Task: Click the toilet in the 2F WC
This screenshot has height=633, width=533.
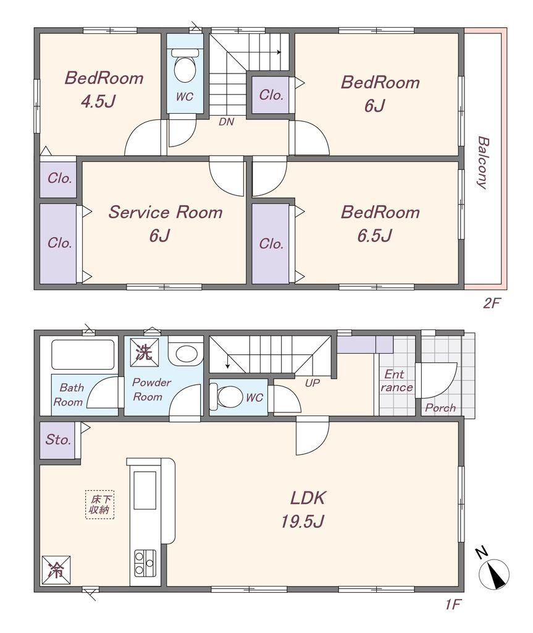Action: click(185, 68)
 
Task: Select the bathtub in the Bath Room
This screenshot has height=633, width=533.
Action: click(83, 355)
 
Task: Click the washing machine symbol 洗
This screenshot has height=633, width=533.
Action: click(143, 353)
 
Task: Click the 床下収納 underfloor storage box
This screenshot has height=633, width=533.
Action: click(100, 504)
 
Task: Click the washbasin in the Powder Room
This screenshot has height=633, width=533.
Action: click(185, 354)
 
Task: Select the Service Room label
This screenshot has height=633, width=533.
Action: click(166, 213)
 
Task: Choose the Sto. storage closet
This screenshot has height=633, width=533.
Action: click(59, 440)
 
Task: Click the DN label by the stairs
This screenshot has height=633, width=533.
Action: click(226, 122)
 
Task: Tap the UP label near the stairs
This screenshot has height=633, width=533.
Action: click(312, 383)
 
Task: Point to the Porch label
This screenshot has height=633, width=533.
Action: click(440, 408)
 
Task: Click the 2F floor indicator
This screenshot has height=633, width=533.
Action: click(491, 304)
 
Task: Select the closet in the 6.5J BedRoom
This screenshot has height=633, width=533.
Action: click(271, 244)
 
